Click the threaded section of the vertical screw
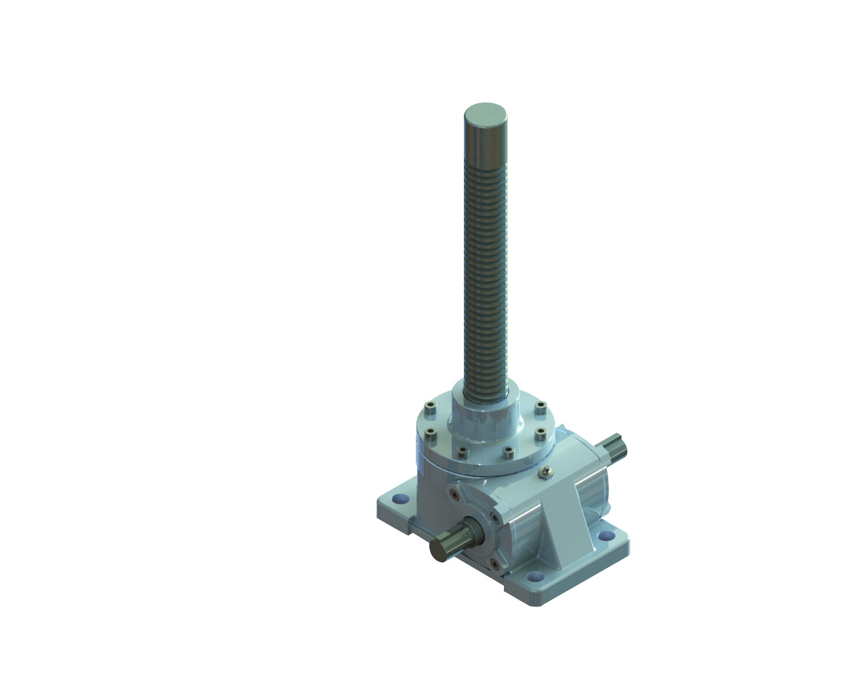point(486,271)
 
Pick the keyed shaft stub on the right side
point(617,448)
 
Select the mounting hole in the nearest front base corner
point(537,577)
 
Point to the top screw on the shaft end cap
point(452,494)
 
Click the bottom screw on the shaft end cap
point(494,562)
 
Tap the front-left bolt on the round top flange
point(461,450)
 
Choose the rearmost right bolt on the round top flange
point(540,407)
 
